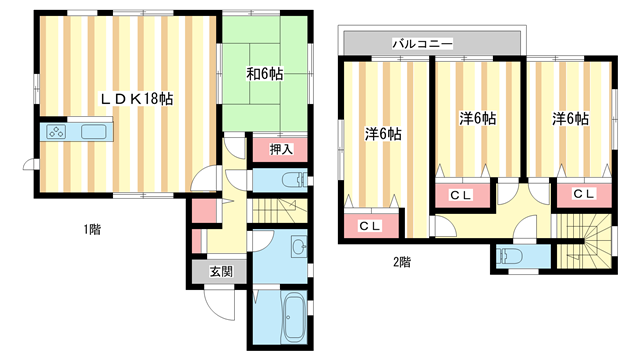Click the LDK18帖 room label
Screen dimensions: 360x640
click(136, 99)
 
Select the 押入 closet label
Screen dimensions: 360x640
click(281, 149)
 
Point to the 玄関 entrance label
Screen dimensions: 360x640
click(220, 271)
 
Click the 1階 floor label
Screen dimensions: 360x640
click(92, 230)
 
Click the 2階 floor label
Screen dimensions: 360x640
click(402, 263)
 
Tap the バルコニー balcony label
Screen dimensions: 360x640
click(423, 45)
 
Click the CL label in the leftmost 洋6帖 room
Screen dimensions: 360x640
click(369, 227)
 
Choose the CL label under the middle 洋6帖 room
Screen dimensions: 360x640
click(460, 194)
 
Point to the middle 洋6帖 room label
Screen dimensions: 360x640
click(478, 119)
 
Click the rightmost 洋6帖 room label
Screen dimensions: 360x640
click(570, 119)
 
